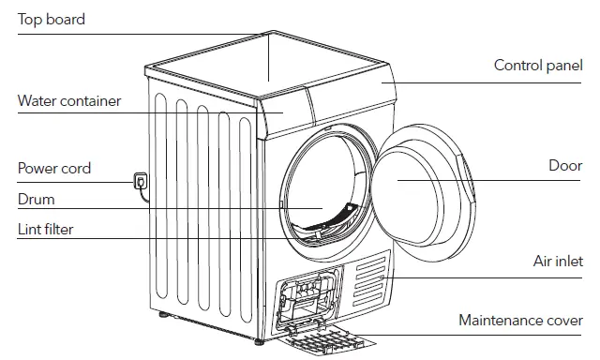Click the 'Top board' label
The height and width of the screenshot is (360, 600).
(x=52, y=20)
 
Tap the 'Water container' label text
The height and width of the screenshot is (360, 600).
(x=69, y=100)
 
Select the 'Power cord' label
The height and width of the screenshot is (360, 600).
(x=54, y=169)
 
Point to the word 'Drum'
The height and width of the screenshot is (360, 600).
(x=37, y=200)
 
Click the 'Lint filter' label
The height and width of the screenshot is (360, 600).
(x=45, y=229)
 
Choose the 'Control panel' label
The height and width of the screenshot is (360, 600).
(x=538, y=66)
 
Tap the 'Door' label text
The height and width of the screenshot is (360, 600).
(x=565, y=166)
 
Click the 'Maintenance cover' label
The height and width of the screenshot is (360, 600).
(x=520, y=321)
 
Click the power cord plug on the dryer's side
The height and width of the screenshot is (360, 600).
(x=141, y=181)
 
